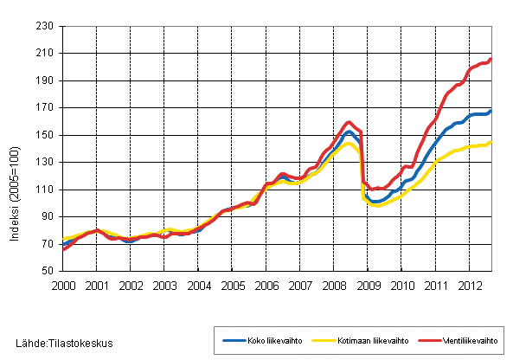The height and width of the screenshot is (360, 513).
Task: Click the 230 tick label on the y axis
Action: [47, 26]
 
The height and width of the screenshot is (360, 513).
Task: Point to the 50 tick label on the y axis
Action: [49, 271]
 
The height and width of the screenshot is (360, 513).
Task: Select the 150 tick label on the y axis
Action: [47, 135]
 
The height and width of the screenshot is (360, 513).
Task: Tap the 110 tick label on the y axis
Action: [47, 190]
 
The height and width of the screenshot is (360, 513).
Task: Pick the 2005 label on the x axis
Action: [233, 285]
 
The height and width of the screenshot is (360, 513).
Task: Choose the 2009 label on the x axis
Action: [369, 285]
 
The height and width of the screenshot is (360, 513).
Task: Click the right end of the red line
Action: [491, 59]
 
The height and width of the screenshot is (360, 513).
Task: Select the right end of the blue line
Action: [491, 111]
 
